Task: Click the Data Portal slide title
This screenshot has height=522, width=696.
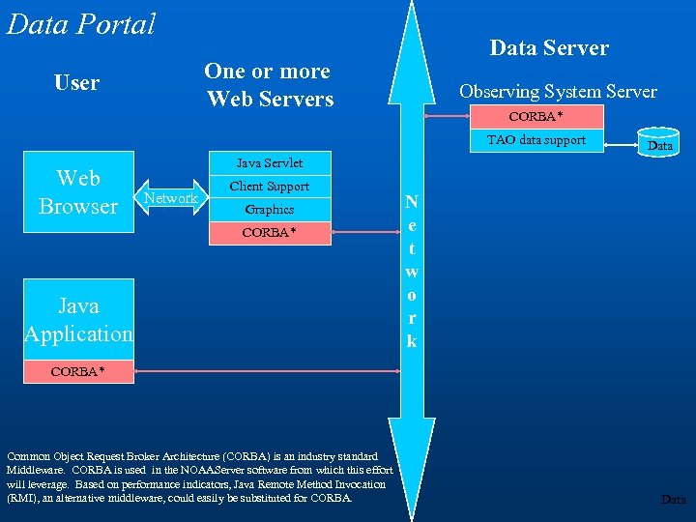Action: pyautogui.click(x=81, y=23)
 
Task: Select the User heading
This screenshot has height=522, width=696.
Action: pyautogui.click(x=76, y=83)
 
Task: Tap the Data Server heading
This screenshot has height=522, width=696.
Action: pyautogui.click(x=549, y=47)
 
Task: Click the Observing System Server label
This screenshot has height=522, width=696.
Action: pyautogui.click(x=558, y=92)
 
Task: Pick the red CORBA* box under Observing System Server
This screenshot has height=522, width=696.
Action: pyautogui.click(x=536, y=117)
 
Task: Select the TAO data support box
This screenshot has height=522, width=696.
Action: pyautogui.click(x=536, y=140)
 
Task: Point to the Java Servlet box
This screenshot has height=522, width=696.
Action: pyautogui.click(x=270, y=163)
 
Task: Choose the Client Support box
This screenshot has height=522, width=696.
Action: pyautogui.click(x=270, y=186)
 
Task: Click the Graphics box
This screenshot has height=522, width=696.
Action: pyautogui.click(x=270, y=209)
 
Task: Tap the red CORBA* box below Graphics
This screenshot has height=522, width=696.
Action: pyautogui.click(x=270, y=233)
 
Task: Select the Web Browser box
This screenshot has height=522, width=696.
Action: pyautogui.click(x=78, y=191)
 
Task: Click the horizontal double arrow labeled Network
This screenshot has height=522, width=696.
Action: pyautogui.click(x=170, y=198)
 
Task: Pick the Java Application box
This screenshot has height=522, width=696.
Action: pyautogui.click(x=78, y=320)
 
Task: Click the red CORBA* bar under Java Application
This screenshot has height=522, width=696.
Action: pyautogui.click(x=78, y=371)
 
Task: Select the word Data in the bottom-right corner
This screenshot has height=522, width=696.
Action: pyautogui.click(x=673, y=500)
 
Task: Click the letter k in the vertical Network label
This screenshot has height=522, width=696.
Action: pyautogui.click(x=412, y=341)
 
